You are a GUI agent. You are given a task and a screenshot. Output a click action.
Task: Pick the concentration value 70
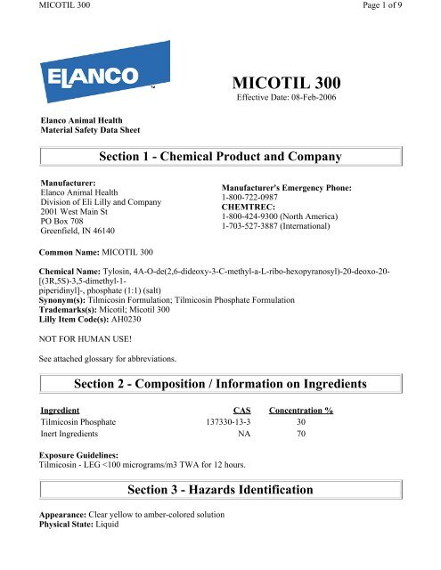300,435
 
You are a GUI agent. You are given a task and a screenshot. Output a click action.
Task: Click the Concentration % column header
300,410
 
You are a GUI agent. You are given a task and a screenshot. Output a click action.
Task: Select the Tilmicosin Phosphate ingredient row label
79,422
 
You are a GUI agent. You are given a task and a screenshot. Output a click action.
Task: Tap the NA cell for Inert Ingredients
242,435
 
